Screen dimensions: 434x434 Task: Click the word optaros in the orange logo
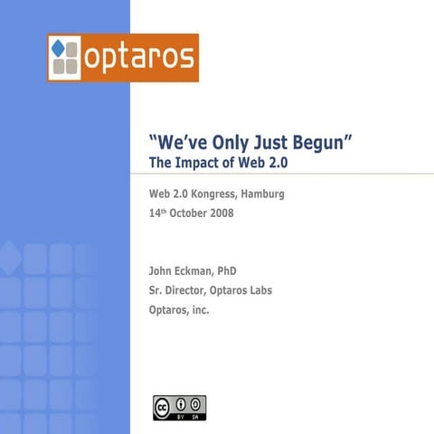coord(139,58)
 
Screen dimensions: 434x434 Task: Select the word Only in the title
coord(229,143)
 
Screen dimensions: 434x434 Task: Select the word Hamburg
coord(262,193)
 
